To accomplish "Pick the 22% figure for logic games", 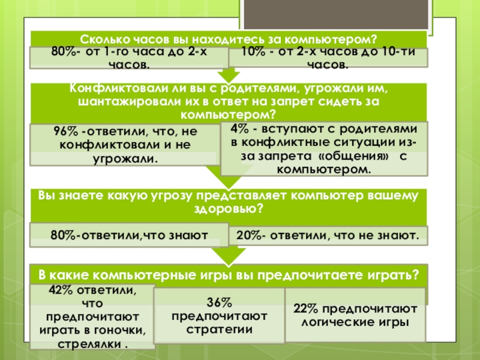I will click(x=305, y=309).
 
